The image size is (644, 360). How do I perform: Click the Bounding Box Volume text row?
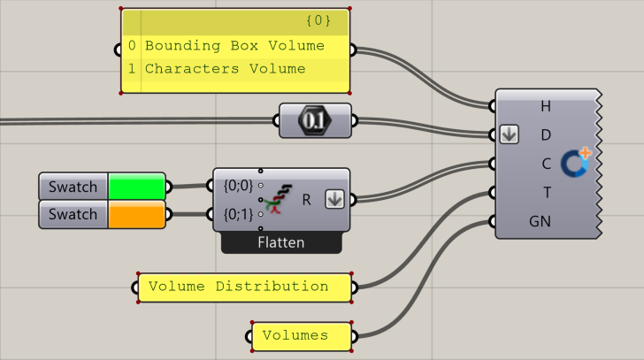point(234,46)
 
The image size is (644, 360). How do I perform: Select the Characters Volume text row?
point(225,69)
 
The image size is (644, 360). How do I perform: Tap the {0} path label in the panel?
point(318,19)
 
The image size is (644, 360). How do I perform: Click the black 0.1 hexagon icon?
point(314,119)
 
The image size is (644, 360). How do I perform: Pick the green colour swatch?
point(136,187)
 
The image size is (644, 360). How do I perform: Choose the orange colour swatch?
point(136,215)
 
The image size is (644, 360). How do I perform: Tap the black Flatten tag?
point(280,241)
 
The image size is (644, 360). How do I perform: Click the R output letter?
point(306,200)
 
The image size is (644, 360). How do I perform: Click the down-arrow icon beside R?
point(333,200)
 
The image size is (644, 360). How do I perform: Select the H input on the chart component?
point(546,106)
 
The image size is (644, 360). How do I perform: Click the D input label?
point(546,134)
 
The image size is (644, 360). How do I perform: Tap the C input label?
point(546,163)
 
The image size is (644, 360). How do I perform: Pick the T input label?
point(546,191)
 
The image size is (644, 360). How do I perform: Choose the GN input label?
point(540,220)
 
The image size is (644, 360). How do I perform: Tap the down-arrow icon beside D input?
point(509,134)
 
